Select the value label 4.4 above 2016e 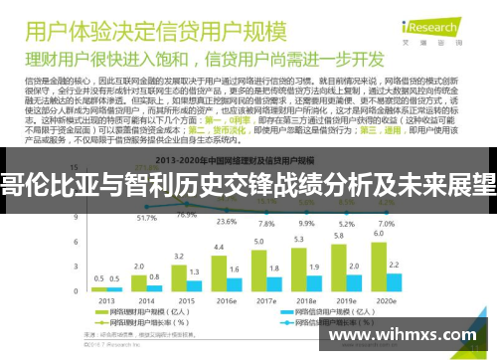click(219, 245)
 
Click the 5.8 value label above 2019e click(339, 235)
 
